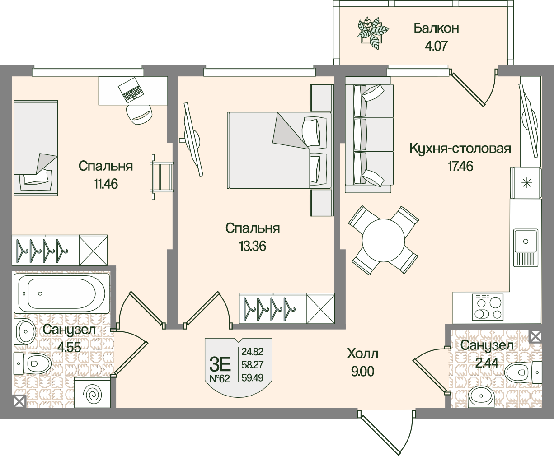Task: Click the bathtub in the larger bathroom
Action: (x=61, y=293)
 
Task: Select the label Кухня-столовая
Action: (x=460, y=149)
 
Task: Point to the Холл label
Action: (x=362, y=354)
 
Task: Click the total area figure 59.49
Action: (x=253, y=376)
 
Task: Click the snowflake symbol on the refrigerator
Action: (x=526, y=183)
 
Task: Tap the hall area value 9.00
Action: (x=362, y=372)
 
